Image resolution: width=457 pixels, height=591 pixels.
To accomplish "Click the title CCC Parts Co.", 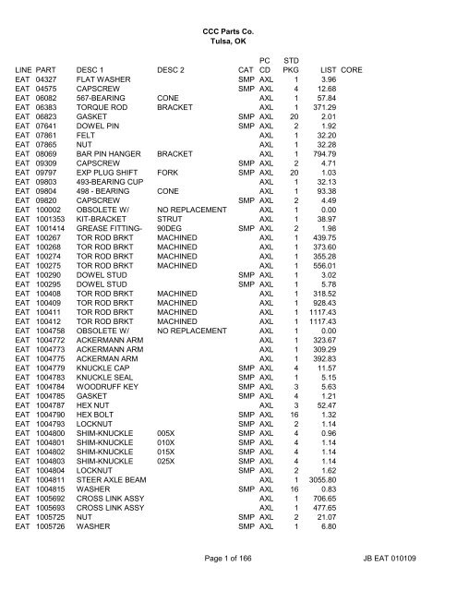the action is [x=228, y=33].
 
